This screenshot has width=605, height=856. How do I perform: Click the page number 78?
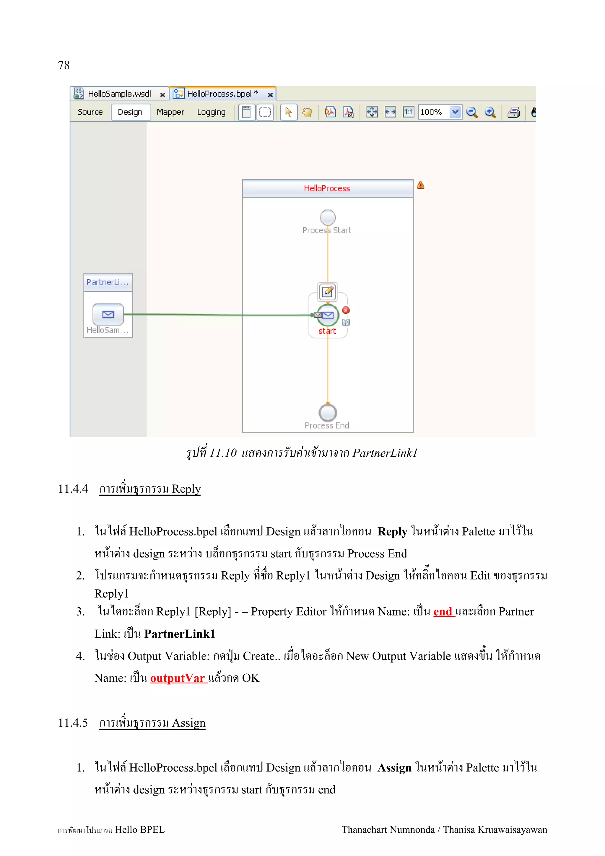(x=64, y=65)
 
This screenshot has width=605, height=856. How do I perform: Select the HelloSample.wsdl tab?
(x=119, y=94)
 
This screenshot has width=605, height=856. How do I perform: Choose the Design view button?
(x=130, y=112)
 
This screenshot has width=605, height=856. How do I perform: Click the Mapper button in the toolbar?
(x=170, y=112)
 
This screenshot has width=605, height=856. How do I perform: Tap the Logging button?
(x=211, y=112)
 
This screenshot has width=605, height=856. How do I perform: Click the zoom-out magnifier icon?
(x=471, y=112)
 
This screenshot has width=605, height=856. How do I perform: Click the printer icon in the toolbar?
(x=514, y=112)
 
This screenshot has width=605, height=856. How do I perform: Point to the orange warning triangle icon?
(x=420, y=185)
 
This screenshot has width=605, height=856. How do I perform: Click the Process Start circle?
(x=328, y=217)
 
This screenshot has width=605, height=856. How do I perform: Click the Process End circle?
(x=328, y=413)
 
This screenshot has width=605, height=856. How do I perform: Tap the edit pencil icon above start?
(x=328, y=292)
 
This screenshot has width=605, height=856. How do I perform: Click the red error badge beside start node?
(x=346, y=310)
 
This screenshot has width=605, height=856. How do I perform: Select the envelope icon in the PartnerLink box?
(x=108, y=314)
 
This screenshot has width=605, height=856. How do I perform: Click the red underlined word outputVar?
(x=178, y=678)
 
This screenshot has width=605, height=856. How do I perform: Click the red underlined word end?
(x=443, y=611)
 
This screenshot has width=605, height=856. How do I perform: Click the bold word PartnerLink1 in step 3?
(x=180, y=634)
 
